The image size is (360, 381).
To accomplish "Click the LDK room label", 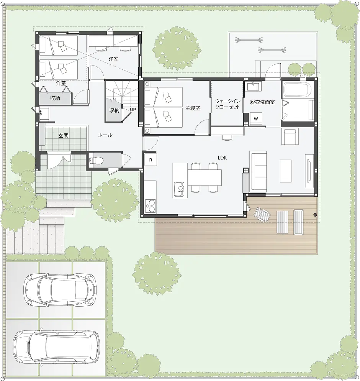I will pyautogui.click(x=223, y=158).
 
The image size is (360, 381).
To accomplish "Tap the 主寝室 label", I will pyautogui.click(x=193, y=108).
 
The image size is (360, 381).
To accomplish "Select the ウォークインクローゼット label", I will pyautogui.click(x=227, y=104).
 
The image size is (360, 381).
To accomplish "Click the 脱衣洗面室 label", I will pyautogui.click(x=262, y=102).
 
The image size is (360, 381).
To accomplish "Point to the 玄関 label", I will pyautogui.click(x=63, y=135).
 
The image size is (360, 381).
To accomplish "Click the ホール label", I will pyautogui.click(x=105, y=135).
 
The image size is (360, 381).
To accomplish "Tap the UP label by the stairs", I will pyautogui.click(x=133, y=109).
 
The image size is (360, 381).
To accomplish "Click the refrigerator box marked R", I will pyautogui.click(x=151, y=160).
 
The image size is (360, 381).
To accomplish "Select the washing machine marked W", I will pyautogui.click(x=256, y=119).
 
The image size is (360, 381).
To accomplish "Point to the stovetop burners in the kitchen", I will pyautogui.click(x=150, y=206).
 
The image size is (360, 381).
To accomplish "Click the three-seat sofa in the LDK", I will pyautogui.click(x=258, y=171).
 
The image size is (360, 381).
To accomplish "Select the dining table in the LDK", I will pyautogui.click(x=205, y=177).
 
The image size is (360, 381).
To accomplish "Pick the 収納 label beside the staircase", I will pyautogui.click(x=114, y=110).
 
